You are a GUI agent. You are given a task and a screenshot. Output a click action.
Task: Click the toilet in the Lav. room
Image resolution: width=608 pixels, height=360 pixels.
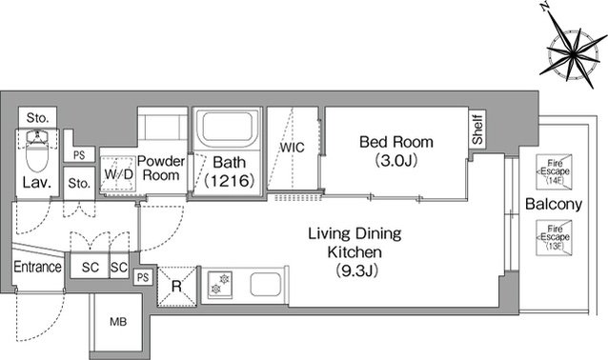(37, 151)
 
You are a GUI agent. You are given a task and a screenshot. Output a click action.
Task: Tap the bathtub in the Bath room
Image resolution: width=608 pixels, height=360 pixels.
(227, 128)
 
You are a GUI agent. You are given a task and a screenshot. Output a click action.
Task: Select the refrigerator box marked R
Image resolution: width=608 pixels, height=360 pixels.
(177, 287)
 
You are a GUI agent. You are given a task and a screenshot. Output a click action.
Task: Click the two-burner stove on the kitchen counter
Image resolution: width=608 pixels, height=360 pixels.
(220, 285)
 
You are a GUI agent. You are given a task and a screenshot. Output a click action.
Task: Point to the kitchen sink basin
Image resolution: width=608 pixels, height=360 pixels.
(265, 285)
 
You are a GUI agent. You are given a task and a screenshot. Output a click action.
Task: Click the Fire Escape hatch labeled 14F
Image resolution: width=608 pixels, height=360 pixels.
(554, 172)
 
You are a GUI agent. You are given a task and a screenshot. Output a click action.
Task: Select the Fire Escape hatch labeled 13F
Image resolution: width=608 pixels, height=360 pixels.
(554, 237)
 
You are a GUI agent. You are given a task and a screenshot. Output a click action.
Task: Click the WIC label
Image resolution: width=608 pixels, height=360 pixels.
(292, 148)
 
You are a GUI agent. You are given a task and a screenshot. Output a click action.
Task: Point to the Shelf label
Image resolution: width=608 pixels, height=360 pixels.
(477, 130)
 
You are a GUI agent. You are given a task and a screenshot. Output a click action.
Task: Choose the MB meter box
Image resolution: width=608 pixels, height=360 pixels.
(116, 322)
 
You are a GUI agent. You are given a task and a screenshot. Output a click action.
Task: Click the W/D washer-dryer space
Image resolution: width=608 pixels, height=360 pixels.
(119, 174)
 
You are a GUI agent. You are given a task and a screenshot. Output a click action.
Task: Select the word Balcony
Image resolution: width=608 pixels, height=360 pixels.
(554, 204)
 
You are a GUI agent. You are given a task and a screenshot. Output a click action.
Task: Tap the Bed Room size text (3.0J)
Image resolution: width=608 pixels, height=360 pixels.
(396, 160)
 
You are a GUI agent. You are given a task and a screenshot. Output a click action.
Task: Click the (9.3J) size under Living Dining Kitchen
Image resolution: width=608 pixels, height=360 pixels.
(356, 270)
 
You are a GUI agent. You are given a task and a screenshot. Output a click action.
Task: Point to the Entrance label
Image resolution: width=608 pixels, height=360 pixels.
(37, 267)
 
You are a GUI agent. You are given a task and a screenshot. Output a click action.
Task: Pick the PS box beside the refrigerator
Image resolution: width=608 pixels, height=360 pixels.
(143, 277)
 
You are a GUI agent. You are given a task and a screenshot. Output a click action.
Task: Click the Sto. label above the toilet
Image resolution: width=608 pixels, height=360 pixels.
(37, 118)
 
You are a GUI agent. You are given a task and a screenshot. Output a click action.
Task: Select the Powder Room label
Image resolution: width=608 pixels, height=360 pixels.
(161, 168)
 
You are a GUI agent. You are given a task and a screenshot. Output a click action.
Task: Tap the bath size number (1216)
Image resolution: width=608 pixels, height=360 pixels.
(229, 181)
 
